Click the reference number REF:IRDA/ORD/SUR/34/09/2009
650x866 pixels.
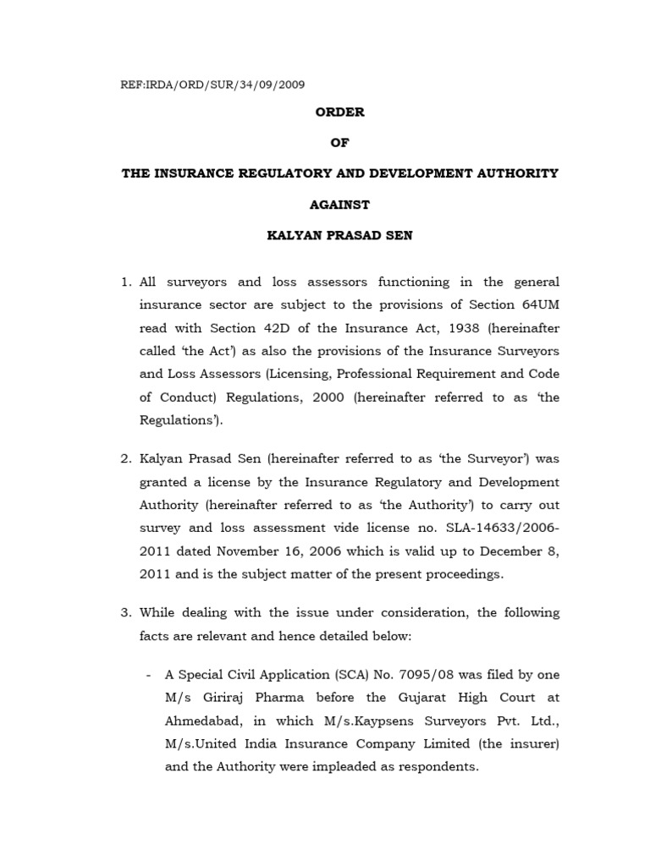click(x=214, y=85)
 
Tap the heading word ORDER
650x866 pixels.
click(x=339, y=112)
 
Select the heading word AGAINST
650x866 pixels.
click(x=339, y=205)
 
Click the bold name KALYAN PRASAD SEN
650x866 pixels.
click(x=339, y=236)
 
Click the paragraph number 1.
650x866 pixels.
click(x=126, y=282)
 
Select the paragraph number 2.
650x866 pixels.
click(x=126, y=459)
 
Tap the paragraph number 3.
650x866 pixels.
click(x=126, y=613)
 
